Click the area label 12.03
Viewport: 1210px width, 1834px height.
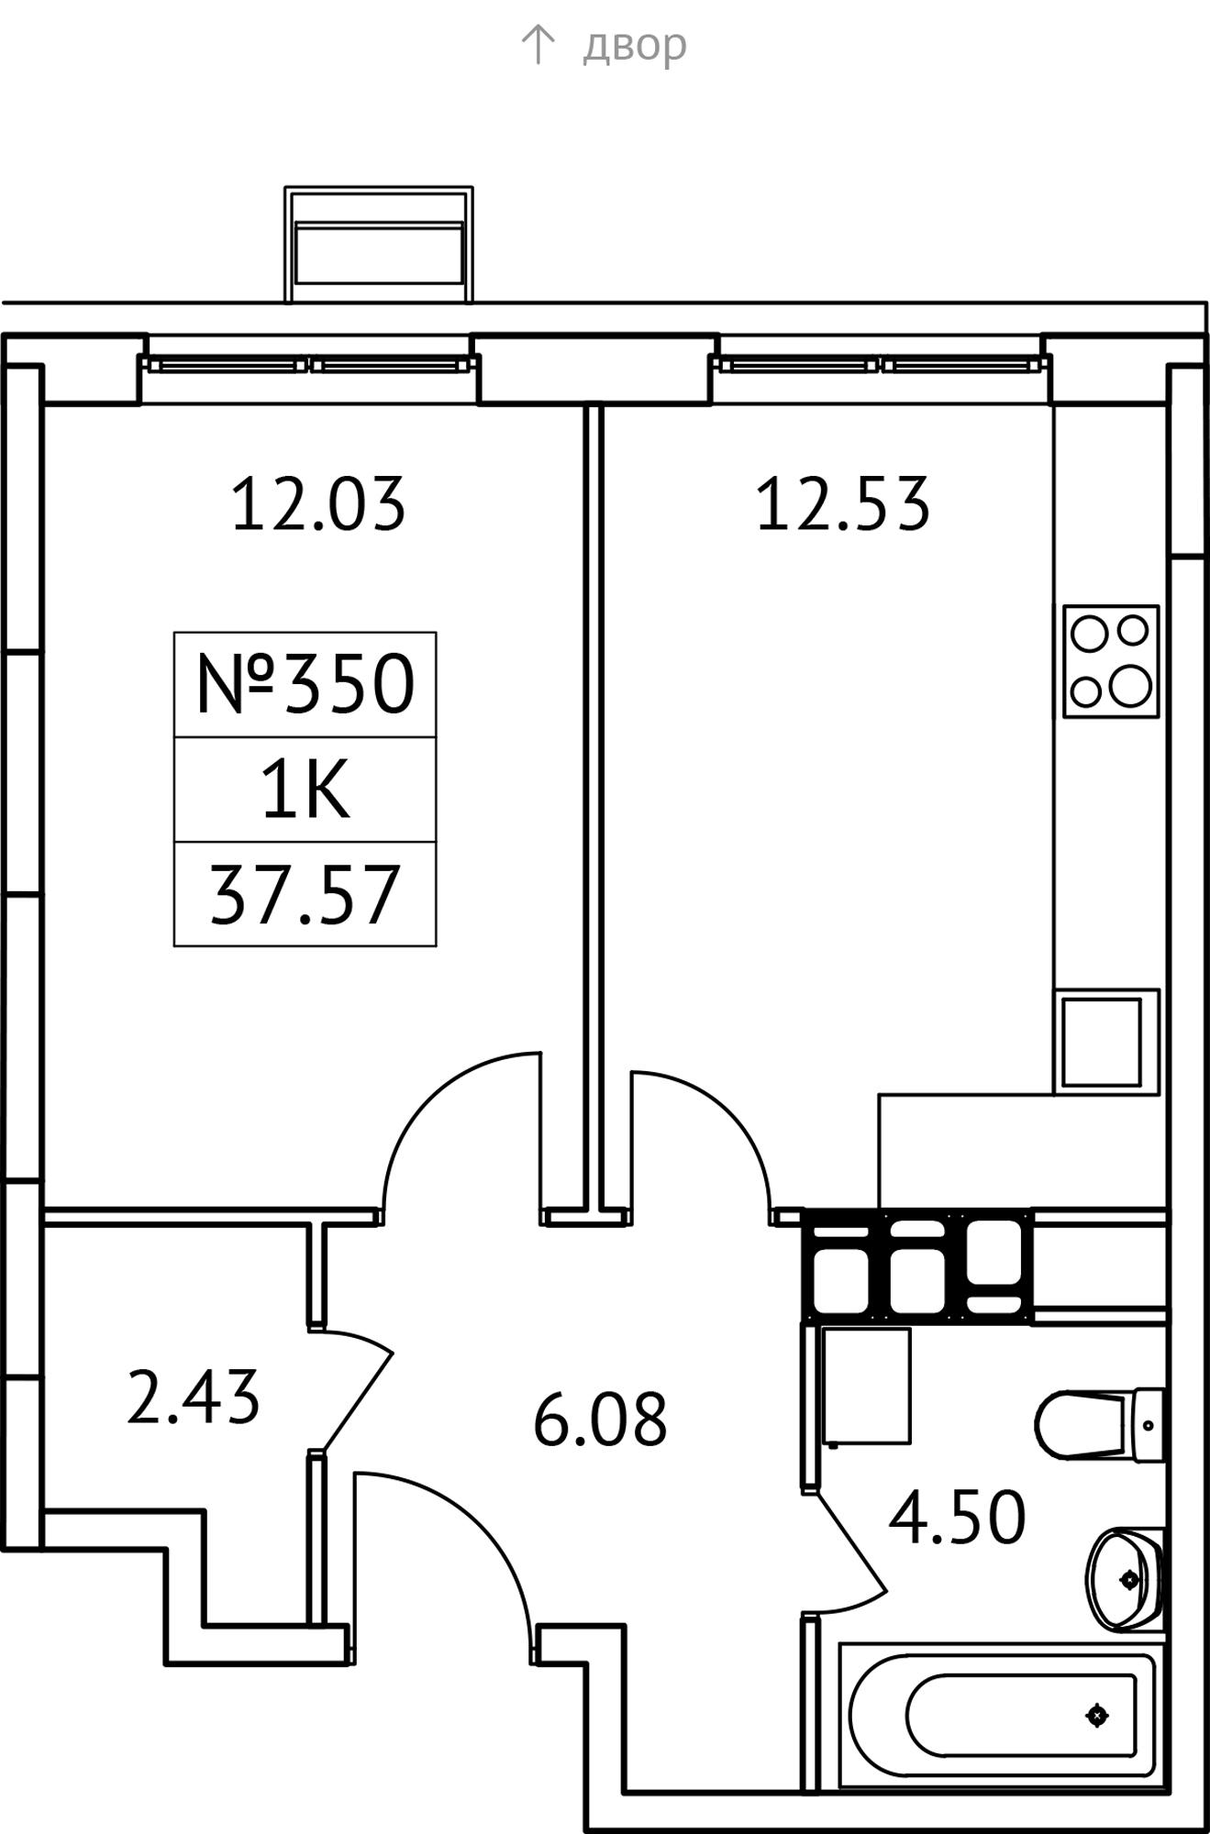(x=317, y=504)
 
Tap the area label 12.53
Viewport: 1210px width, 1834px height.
(x=842, y=504)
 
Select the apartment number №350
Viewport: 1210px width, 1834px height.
(x=305, y=684)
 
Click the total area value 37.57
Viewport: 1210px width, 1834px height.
(x=305, y=894)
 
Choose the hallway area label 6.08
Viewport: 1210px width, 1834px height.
(x=600, y=1419)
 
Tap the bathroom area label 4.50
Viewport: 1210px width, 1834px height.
(x=957, y=1518)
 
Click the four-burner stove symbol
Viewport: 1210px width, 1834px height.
(x=1111, y=661)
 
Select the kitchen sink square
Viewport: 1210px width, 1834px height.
(x=1106, y=1042)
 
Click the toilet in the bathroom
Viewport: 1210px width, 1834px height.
(x=1100, y=1425)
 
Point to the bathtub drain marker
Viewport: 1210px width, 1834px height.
(x=1096, y=1715)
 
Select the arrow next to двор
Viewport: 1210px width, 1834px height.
(x=538, y=44)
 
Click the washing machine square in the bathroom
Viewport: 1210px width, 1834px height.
(x=867, y=1386)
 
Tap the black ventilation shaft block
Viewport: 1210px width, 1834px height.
(x=917, y=1265)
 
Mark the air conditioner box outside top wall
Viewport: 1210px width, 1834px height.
(x=379, y=245)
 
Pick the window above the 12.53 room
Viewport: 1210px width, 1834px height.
(x=881, y=364)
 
